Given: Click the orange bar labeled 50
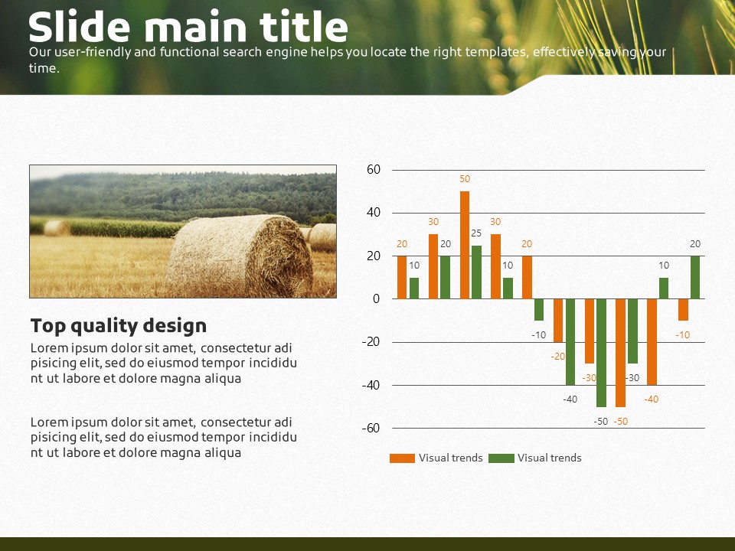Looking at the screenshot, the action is (465, 245).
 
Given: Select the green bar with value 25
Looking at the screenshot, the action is (476, 272).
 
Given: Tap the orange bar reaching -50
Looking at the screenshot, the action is (621, 353).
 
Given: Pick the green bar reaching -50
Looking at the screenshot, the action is (601, 353).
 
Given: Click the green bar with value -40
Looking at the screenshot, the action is (570, 342).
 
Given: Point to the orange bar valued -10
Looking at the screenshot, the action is (683, 310).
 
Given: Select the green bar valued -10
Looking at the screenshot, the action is (539, 310).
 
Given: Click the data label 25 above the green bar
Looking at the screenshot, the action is (476, 233).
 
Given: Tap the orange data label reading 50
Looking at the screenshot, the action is (465, 179).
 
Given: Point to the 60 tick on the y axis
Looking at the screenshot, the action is (374, 170).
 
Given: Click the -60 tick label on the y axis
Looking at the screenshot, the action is (371, 429).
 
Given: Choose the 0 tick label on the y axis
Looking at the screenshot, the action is (377, 299).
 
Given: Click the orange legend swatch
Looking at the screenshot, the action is (402, 458).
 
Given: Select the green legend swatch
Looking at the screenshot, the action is (501, 458).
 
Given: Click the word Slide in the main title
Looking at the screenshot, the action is (79, 27).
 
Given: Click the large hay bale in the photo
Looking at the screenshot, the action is (240, 256).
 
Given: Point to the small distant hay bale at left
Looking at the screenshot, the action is (57, 228).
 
